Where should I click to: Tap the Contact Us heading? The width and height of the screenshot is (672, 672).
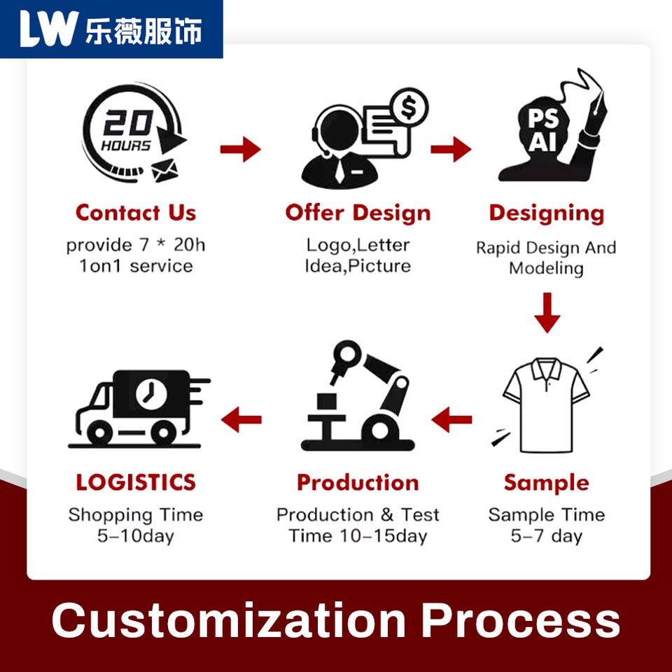pos(135,213)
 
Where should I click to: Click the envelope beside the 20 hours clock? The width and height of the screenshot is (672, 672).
pos(164,169)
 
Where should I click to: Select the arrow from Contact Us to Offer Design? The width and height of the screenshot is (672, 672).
pos(240,149)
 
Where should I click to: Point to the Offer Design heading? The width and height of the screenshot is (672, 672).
pos(358,213)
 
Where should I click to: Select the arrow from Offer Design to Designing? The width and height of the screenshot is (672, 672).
pos(451,148)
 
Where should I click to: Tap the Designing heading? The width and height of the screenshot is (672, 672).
pos(546,213)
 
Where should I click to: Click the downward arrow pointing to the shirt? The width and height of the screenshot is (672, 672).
pos(547,313)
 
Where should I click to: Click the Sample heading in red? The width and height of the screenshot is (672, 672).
pos(546,482)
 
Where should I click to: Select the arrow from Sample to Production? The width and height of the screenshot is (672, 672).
pos(451,420)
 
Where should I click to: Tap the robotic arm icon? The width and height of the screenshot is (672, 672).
pos(358,395)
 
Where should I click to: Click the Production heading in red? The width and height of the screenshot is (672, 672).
pos(358,482)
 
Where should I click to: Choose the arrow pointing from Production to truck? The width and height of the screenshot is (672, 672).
pos(241,420)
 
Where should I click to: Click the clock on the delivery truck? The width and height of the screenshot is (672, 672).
pos(147,393)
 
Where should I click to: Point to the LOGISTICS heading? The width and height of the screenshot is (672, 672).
pos(135,482)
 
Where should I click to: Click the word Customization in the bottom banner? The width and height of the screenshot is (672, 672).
pos(228,620)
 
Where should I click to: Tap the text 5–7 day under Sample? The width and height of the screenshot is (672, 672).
pos(546,536)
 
